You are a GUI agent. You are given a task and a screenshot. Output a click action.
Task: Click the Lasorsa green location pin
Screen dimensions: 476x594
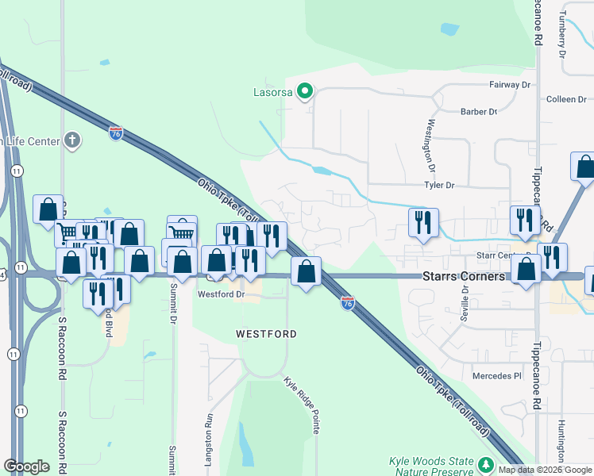click(x=303, y=91)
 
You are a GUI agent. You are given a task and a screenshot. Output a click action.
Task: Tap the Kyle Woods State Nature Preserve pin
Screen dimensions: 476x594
click(x=486, y=464)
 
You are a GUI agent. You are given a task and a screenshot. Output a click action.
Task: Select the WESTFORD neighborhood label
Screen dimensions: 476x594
click(x=266, y=334)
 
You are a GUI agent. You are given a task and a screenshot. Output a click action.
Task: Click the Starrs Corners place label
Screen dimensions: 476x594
click(x=463, y=276)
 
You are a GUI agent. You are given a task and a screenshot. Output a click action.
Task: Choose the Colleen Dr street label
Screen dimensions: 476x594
click(x=565, y=99)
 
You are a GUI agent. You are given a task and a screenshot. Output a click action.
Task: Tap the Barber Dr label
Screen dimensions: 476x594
click(x=478, y=112)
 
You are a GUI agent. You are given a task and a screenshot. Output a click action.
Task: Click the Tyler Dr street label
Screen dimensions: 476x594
click(x=438, y=185)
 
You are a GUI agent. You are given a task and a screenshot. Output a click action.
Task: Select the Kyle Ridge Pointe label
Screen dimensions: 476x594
click(x=303, y=405)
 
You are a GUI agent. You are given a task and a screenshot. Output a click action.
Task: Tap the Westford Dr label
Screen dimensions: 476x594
click(x=219, y=294)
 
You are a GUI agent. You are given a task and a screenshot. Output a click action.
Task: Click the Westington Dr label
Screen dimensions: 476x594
click(x=431, y=145)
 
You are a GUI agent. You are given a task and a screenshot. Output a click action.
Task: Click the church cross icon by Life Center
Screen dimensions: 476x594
click(x=72, y=141)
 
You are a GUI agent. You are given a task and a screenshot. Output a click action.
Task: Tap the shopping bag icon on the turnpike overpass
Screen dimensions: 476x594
click(x=306, y=271)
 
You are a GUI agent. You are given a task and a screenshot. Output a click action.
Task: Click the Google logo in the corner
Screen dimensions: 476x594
click(x=26, y=466)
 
